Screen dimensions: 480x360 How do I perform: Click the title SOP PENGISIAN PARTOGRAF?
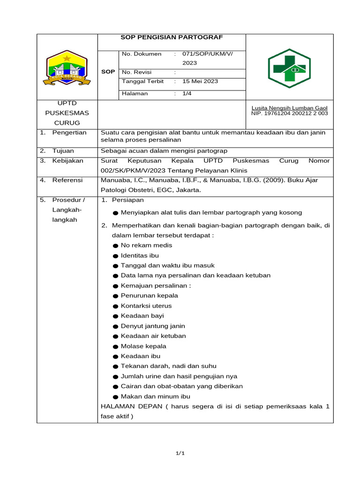pos(172,37)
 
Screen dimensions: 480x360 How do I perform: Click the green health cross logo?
pos(289,68)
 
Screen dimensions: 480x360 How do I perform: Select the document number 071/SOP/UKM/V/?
pos(207,54)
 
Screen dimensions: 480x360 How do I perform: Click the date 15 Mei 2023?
pos(200,81)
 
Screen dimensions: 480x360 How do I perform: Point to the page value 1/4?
pos(187,93)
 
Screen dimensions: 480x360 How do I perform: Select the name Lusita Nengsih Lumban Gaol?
pos(289,108)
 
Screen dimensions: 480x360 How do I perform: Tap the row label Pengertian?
pos(69,133)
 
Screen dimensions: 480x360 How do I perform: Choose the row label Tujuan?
pos(63,150)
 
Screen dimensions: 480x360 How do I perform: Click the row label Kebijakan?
pos(67,160)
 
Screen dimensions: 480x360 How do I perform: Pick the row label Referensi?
pos(67,180)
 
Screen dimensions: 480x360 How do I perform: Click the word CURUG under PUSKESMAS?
pos(67,123)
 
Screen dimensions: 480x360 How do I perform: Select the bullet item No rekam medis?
pos(146,245)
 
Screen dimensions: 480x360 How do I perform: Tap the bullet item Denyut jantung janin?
pos(153,326)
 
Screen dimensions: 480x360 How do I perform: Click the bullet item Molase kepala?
pos(143,346)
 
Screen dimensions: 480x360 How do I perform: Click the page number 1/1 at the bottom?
pos(180,453)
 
